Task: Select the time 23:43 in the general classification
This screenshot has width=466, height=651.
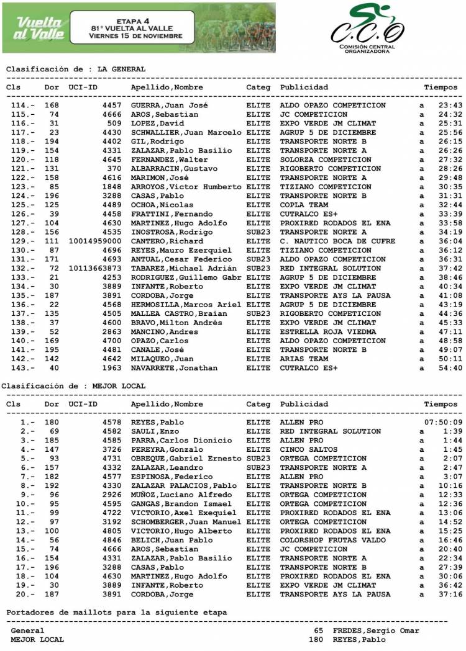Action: (450, 106)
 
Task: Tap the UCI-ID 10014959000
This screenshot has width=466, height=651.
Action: (94, 241)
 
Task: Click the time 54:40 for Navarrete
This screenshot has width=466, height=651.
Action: (450, 368)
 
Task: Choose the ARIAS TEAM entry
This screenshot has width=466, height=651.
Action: (304, 359)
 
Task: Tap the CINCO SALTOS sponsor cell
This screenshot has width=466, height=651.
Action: (309, 449)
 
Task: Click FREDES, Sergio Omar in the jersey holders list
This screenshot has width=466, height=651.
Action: (376, 631)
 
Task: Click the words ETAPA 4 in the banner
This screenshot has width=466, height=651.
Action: (129, 20)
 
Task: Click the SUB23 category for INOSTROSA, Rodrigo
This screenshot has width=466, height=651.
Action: (258, 232)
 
